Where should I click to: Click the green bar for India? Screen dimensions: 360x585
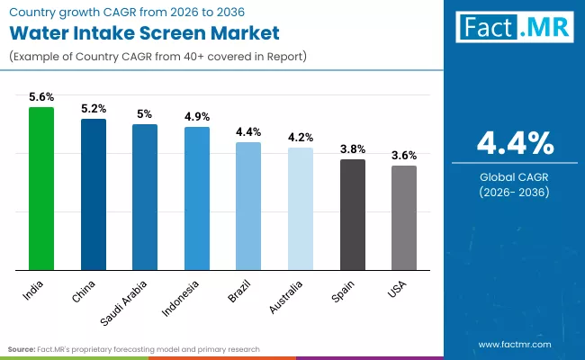pyautogui.click(x=41, y=189)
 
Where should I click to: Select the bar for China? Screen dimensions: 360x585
pyautogui.click(x=94, y=194)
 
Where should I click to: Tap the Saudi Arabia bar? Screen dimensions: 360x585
pyautogui.click(x=145, y=197)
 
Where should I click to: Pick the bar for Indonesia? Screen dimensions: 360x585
pyautogui.click(x=197, y=199)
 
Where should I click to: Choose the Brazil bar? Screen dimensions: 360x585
pyautogui.click(x=248, y=206)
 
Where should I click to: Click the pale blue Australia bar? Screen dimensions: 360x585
pyautogui.click(x=301, y=209)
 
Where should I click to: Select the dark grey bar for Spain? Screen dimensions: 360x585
pyautogui.click(x=352, y=215)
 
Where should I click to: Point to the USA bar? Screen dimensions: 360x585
pyautogui.click(x=404, y=218)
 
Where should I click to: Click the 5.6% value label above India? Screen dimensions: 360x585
pyautogui.click(x=41, y=97)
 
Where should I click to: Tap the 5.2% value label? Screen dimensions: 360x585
pyautogui.click(x=94, y=109)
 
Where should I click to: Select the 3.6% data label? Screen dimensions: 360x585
pyautogui.click(x=404, y=156)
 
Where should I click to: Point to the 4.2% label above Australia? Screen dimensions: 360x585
pyautogui.click(x=301, y=138)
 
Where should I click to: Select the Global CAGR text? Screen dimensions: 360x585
pyautogui.click(x=515, y=176)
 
